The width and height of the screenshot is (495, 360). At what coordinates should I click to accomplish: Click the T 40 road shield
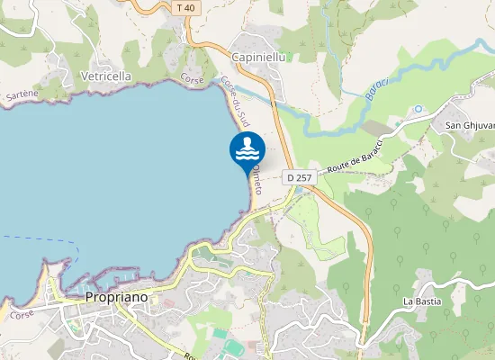(185, 8)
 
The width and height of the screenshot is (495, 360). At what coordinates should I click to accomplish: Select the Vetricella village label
(107, 76)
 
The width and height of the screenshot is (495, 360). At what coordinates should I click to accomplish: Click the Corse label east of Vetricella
(192, 79)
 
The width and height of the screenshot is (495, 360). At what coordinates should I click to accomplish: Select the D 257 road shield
(299, 178)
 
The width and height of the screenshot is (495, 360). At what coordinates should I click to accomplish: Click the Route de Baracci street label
(355, 156)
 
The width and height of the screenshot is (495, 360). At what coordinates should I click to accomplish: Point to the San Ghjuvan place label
(471, 125)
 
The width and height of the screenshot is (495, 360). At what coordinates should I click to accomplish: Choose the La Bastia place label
(422, 301)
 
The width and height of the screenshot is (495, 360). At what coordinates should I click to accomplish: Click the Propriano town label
(115, 297)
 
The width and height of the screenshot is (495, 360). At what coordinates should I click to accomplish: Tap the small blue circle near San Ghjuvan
(418, 109)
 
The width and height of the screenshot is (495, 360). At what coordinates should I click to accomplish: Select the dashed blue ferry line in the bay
(36, 240)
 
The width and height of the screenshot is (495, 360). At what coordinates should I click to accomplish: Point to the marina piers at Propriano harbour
(90, 276)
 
